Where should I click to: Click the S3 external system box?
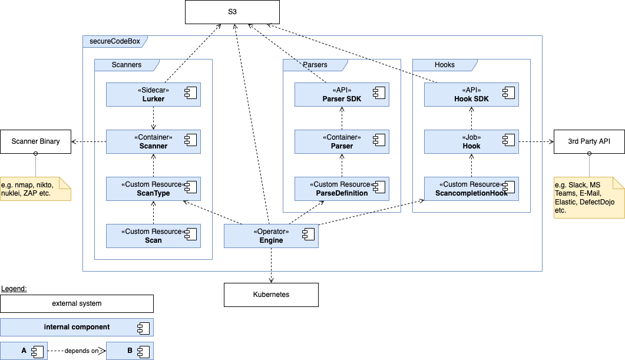point(232,12)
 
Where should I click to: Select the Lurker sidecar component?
point(153,94)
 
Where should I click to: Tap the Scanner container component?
point(153,141)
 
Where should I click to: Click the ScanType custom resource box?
point(153,189)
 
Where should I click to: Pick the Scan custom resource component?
point(153,236)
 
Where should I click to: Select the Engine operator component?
point(271,236)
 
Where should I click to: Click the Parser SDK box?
point(342,94)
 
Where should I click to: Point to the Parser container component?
point(342,141)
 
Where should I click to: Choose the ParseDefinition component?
point(342,189)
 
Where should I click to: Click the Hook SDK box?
point(471,94)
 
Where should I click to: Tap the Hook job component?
point(471,141)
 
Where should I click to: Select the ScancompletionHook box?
point(471,189)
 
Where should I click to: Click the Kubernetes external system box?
point(271,295)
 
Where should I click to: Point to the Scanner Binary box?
point(35,141)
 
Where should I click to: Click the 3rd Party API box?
point(589,141)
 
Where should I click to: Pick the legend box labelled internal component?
point(77,327)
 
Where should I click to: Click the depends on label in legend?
point(82,351)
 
